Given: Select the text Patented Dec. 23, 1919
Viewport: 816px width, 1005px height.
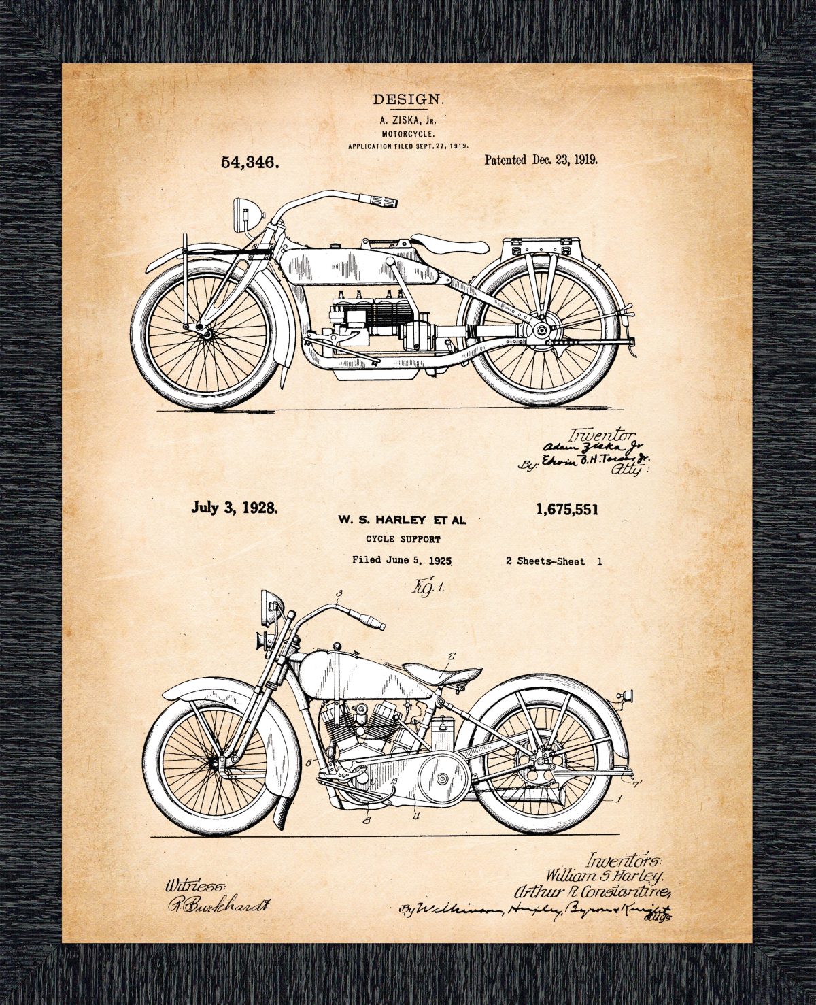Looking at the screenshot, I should coord(541,160).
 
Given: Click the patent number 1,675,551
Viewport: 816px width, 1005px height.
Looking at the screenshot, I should coord(567,509).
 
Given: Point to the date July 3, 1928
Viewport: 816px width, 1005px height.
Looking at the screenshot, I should coord(234,508).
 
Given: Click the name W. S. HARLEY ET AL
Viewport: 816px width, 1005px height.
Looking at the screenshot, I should coord(402,521).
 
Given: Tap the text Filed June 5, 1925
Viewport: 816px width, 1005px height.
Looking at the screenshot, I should coord(402,561).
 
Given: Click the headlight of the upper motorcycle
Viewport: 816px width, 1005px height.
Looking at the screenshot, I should coord(242,208).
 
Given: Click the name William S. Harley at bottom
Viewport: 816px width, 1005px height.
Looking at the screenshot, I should coord(602,873).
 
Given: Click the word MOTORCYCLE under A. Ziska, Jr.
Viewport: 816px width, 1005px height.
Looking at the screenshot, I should coord(408,134).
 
